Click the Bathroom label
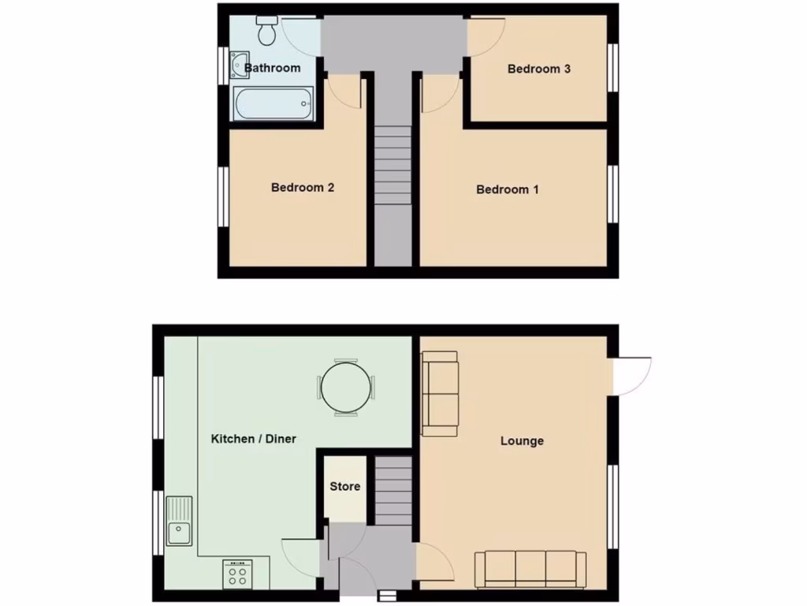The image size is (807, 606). point(272,68)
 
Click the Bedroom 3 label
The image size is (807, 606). point(539,69)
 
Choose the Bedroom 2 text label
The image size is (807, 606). point(303,188)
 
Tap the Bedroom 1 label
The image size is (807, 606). point(508,189)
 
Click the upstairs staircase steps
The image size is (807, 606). point(392,166)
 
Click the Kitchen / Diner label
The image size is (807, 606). point(254,439)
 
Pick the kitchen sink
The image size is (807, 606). point(180,522)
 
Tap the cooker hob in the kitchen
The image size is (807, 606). point(236,574)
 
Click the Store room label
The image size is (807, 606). point(345,486)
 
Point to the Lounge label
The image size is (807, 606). point(522,441)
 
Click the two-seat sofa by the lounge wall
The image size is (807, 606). point(440,394)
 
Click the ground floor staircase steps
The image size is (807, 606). point(392,491)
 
